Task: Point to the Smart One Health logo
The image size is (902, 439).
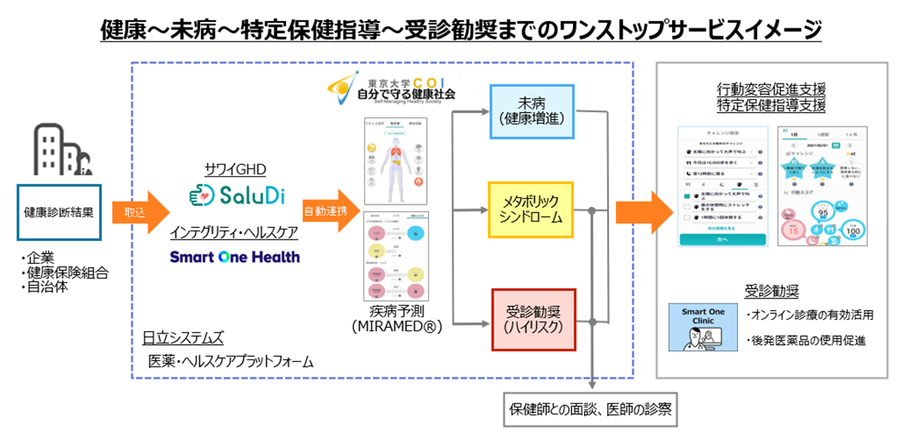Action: tap(234, 257)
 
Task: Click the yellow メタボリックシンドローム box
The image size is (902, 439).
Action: tap(531, 209)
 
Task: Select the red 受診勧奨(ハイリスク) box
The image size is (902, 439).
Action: tap(531, 319)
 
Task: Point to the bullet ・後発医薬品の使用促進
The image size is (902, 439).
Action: tap(804, 342)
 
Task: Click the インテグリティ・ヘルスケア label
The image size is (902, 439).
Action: tap(234, 233)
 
